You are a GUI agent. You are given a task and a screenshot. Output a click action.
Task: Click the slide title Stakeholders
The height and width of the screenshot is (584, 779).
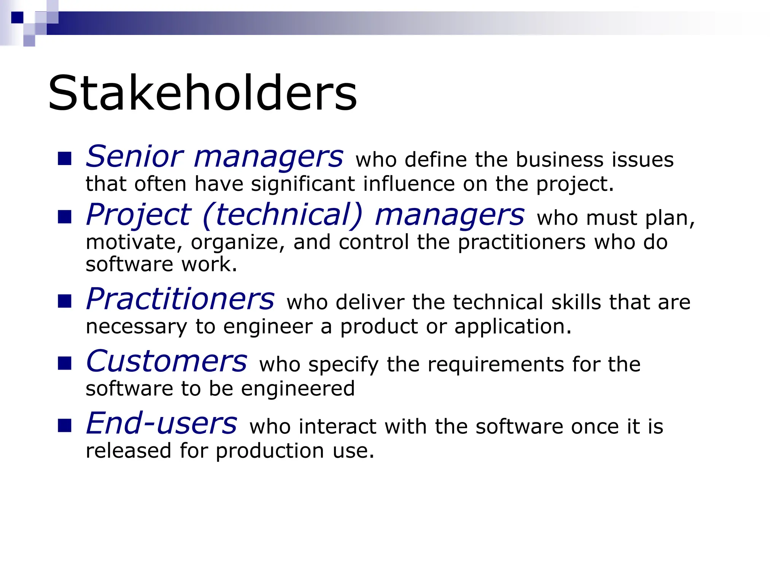(202, 93)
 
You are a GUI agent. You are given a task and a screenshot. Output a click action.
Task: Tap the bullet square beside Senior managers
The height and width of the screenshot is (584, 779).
(65, 159)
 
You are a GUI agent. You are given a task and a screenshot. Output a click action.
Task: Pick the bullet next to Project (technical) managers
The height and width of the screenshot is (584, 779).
(65, 217)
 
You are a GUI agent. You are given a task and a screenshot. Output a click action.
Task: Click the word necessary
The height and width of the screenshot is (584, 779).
(137, 327)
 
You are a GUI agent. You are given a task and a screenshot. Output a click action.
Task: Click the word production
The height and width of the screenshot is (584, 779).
(270, 451)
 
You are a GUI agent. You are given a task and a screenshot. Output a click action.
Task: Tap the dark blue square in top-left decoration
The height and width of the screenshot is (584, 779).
(17, 17)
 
